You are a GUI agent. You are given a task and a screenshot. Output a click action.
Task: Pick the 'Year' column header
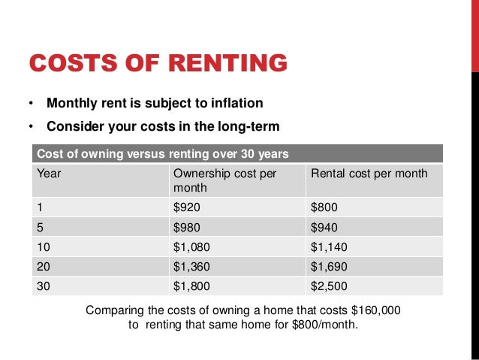(x=49, y=174)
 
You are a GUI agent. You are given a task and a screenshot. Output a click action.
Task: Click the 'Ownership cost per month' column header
(x=224, y=180)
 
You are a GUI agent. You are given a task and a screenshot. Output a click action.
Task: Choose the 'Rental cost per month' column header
(x=369, y=174)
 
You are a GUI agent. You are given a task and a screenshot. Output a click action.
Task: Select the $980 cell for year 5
(x=188, y=227)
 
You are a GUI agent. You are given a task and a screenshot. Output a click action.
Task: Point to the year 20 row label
(x=44, y=266)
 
